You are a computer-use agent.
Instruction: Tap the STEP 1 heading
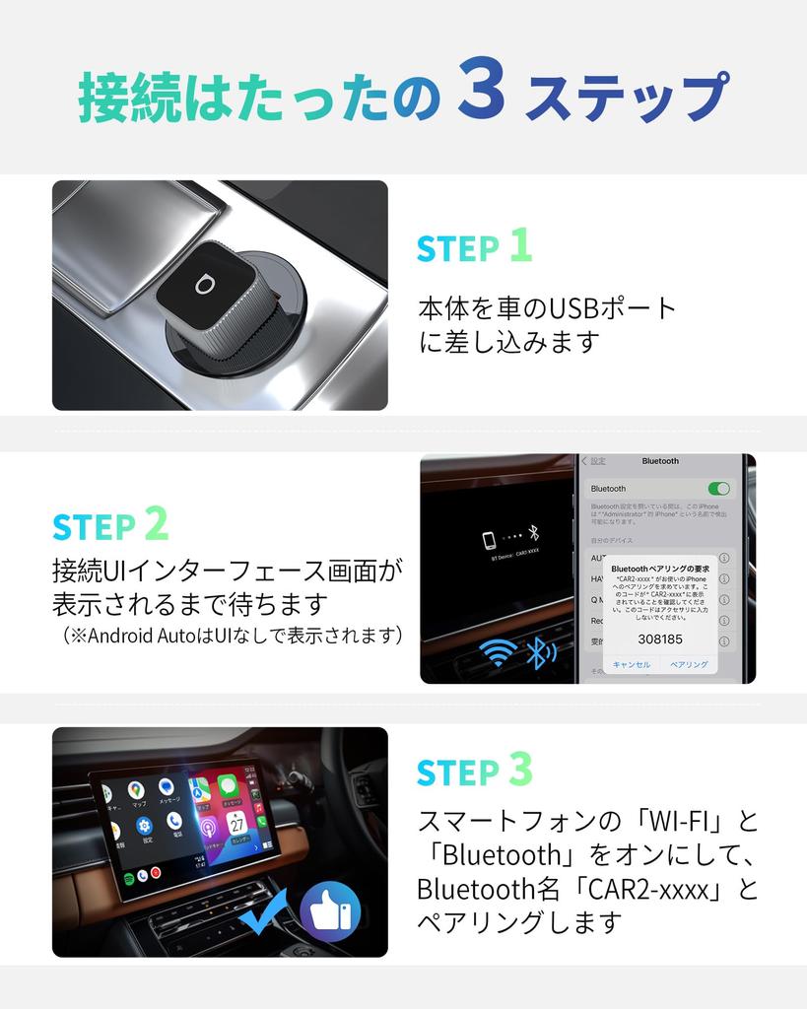(x=474, y=247)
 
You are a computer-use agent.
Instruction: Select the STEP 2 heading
(x=110, y=525)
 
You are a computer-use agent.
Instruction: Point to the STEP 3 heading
(x=474, y=772)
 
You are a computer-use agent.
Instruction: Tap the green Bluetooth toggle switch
(x=718, y=489)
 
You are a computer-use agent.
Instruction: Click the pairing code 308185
(x=659, y=639)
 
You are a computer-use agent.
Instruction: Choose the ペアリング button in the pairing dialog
(x=689, y=664)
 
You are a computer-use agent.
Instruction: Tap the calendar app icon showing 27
(x=236, y=822)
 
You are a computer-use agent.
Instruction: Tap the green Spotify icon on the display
(x=130, y=876)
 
